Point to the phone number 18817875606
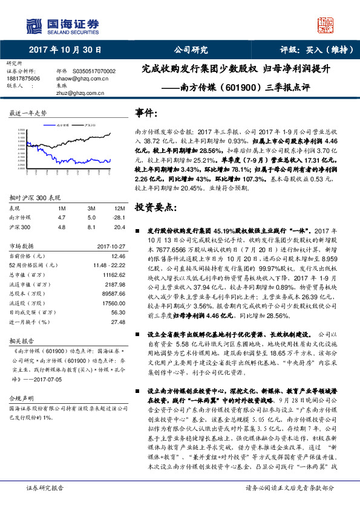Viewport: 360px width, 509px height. point(24,78)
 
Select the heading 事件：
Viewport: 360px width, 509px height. point(148,113)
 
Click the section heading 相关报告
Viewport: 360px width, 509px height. point(21,341)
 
